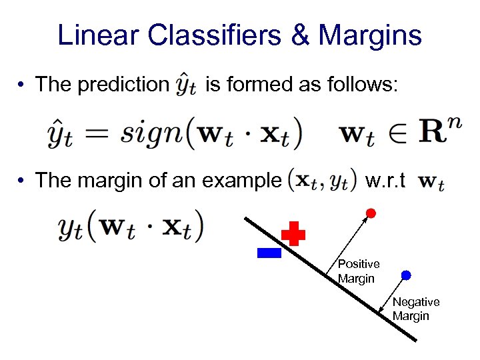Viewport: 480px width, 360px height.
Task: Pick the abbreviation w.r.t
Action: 386,180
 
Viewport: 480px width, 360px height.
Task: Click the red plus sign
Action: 293,235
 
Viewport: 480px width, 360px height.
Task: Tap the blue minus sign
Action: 269,253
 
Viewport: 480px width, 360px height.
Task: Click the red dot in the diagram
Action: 371,213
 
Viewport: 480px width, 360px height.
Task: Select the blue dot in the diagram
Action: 406,275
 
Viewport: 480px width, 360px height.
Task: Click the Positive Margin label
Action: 358,271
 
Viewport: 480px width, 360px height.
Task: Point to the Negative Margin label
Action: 415,309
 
